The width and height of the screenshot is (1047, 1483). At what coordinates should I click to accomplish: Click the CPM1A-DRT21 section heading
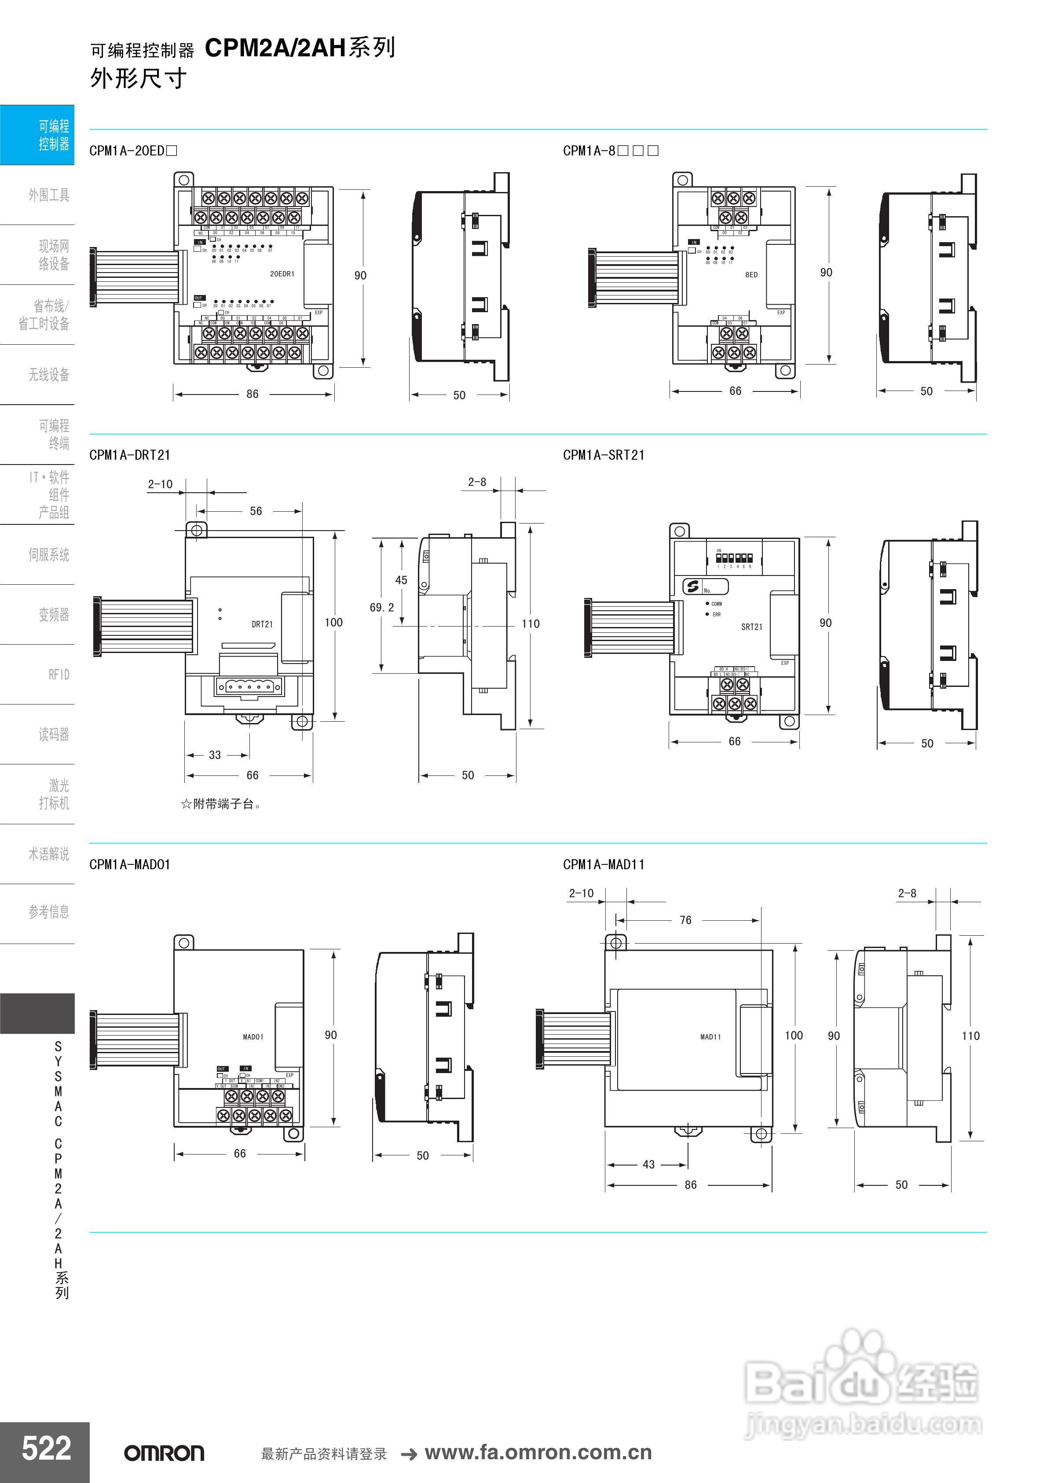click(x=130, y=455)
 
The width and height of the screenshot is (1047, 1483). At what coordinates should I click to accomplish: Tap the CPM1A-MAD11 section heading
click(x=604, y=864)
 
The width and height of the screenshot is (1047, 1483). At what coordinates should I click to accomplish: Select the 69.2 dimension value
click(x=381, y=607)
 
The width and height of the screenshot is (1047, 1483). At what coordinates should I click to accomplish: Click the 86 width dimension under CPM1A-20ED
click(x=253, y=394)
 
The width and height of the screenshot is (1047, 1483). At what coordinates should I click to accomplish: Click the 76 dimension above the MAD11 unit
click(x=685, y=920)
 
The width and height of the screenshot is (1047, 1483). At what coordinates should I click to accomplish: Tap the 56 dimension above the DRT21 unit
click(x=256, y=511)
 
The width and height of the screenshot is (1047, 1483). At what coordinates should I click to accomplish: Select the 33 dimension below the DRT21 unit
click(x=215, y=754)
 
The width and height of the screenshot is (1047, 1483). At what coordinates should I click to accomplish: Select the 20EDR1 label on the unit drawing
click(x=282, y=274)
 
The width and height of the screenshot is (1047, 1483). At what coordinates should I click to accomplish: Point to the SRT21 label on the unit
click(x=751, y=627)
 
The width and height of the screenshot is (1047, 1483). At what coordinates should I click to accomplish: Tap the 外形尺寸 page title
click(x=138, y=79)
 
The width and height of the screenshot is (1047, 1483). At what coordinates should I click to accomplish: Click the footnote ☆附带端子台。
click(x=221, y=804)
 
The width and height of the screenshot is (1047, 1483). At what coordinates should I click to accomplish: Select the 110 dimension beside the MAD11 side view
click(x=970, y=1035)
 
